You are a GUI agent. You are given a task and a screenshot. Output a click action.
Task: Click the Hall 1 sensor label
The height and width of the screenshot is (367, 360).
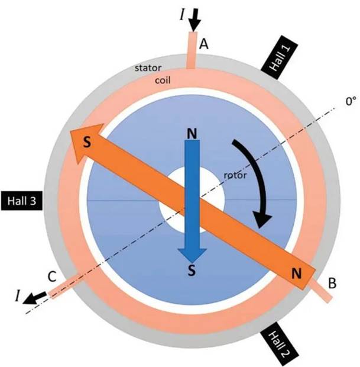click(279, 57)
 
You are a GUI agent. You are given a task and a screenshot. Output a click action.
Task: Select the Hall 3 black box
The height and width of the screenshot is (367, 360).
click(22, 201)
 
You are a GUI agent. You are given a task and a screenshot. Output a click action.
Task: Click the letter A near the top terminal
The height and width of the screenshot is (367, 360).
click(204, 44)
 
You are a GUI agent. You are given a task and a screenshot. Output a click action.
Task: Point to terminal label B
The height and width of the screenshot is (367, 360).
click(332, 283)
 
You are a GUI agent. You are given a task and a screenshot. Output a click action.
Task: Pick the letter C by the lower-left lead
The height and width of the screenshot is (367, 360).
click(52, 276)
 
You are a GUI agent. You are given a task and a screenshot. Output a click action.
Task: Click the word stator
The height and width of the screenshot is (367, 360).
click(148, 68)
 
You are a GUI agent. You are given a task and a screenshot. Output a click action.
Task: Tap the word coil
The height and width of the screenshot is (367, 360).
click(163, 81)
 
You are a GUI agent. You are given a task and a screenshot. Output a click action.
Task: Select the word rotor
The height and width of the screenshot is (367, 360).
click(235, 175)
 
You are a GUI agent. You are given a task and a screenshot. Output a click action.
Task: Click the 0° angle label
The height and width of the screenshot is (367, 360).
click(351, 101)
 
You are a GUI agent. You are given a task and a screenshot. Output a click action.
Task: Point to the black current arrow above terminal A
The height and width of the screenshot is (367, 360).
click(194, 20)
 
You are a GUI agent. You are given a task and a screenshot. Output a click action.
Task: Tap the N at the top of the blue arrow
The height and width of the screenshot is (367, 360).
click(192, 134)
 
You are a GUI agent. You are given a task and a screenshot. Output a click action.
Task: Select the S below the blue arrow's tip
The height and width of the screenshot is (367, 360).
click(192, 271)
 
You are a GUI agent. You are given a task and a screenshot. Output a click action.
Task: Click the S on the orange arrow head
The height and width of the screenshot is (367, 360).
click(87, 142)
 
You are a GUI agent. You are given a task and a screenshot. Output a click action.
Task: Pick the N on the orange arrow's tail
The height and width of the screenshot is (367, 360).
click(296, 273)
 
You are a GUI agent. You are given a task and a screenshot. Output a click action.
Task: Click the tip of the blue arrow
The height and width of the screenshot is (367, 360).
click(192, 263)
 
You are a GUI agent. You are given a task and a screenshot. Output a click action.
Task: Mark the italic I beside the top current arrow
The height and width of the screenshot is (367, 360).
click(182, 15)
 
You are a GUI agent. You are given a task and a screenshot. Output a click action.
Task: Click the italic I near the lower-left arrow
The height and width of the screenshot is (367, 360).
click(17, 295)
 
